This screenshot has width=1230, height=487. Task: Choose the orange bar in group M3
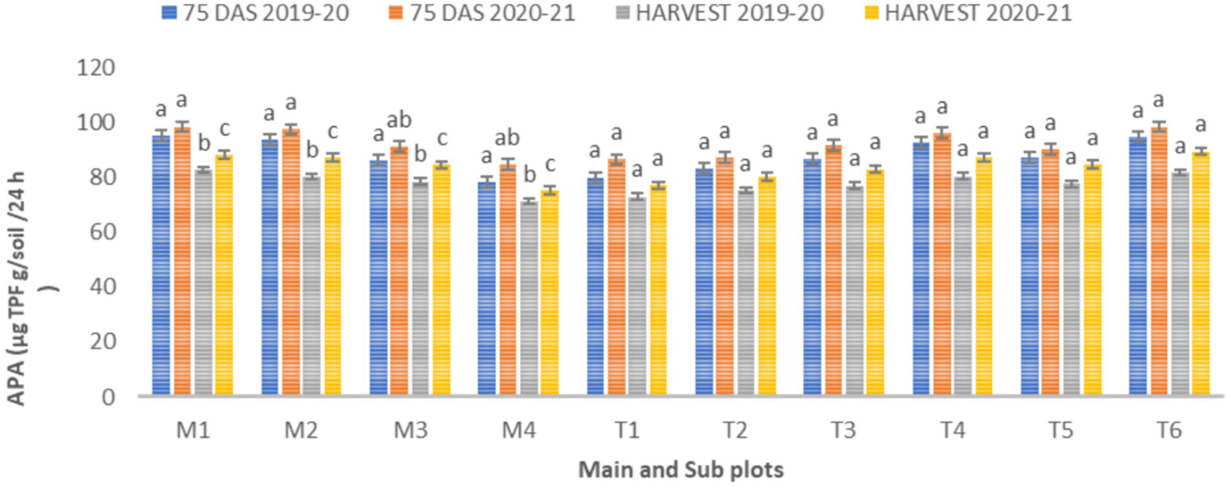(399, 272)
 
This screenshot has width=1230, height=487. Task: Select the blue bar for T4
(921, 269)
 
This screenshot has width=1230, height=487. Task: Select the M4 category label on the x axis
(518, 432)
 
